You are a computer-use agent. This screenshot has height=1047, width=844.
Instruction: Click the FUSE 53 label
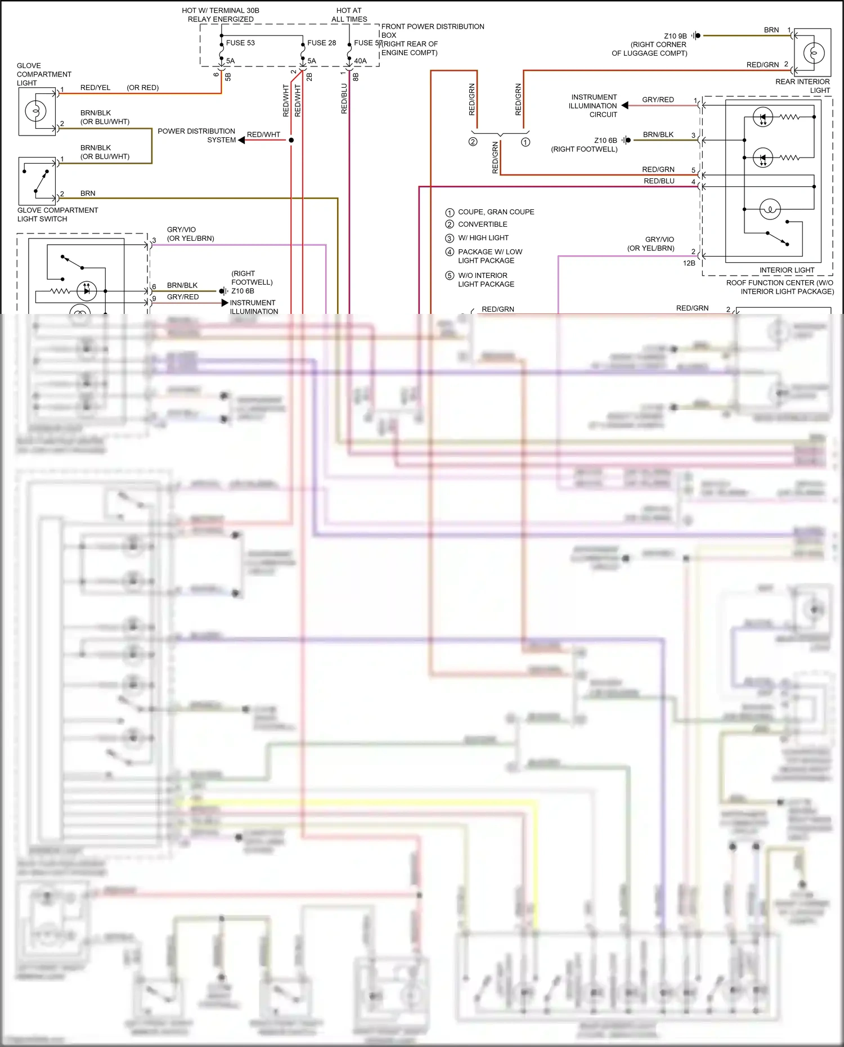pos(240,43)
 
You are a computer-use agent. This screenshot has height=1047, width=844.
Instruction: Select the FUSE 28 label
pos(321,43)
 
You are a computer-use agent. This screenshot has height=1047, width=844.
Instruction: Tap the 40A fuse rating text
pos(360,61)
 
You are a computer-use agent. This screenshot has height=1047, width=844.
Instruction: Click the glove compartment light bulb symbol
pos(35,111)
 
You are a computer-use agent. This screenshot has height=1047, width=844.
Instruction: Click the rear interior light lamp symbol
pos(814,53)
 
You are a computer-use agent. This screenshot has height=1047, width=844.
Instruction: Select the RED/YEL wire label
pos(95,88)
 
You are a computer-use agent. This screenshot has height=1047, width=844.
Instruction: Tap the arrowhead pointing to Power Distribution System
pos(241,140)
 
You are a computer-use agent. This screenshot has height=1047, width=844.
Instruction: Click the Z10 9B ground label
pos(675,36)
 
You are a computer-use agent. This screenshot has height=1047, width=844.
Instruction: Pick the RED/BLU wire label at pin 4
pos(659,181)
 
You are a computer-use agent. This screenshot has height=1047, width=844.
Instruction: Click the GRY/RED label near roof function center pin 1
pos(658,100)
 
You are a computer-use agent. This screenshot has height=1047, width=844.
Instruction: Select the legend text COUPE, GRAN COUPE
pos(496,212)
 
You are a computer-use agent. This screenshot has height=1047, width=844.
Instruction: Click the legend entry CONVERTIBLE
pos(482,224)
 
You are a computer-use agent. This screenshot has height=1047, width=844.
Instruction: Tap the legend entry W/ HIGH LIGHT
pos(483,238)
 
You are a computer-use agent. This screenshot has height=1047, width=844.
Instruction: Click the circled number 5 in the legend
pos(450,276)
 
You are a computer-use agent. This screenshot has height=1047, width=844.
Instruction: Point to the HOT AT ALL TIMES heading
pos(349,15)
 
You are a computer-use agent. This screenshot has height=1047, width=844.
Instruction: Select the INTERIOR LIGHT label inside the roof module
pos(787,270)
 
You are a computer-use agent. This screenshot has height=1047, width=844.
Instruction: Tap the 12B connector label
pos(689,263)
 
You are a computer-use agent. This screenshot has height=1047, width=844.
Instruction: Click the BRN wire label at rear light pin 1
pos(771,30)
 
